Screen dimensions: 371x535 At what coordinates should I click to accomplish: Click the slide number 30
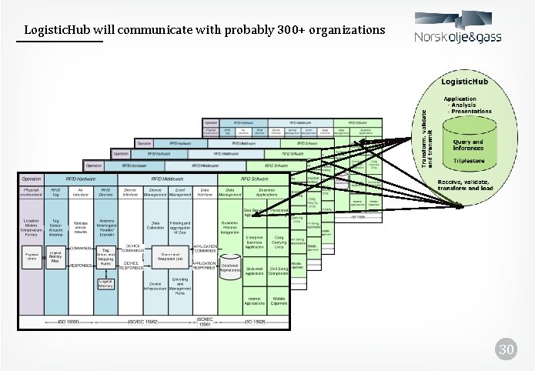click(x=505, y=351)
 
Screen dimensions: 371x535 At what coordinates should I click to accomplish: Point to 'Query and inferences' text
click(x=468, y=145)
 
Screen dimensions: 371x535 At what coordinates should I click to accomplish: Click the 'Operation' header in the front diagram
click(x=32, y=178)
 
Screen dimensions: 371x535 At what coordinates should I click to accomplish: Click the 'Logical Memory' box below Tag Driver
click(x=107, y=285)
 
